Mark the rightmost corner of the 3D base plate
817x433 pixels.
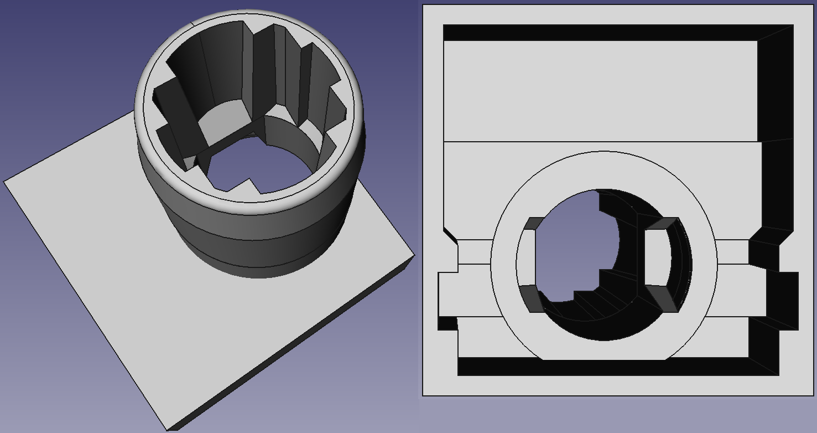[414, 257]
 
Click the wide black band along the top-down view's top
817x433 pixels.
[597, 33]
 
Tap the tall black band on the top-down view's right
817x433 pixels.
[777, 111]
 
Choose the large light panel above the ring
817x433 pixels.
[600, 91]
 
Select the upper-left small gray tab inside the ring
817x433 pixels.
[534, 223]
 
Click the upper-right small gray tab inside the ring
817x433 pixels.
[662, 224]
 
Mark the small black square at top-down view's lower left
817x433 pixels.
[447, 323]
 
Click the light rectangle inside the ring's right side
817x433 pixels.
[656, 258]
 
